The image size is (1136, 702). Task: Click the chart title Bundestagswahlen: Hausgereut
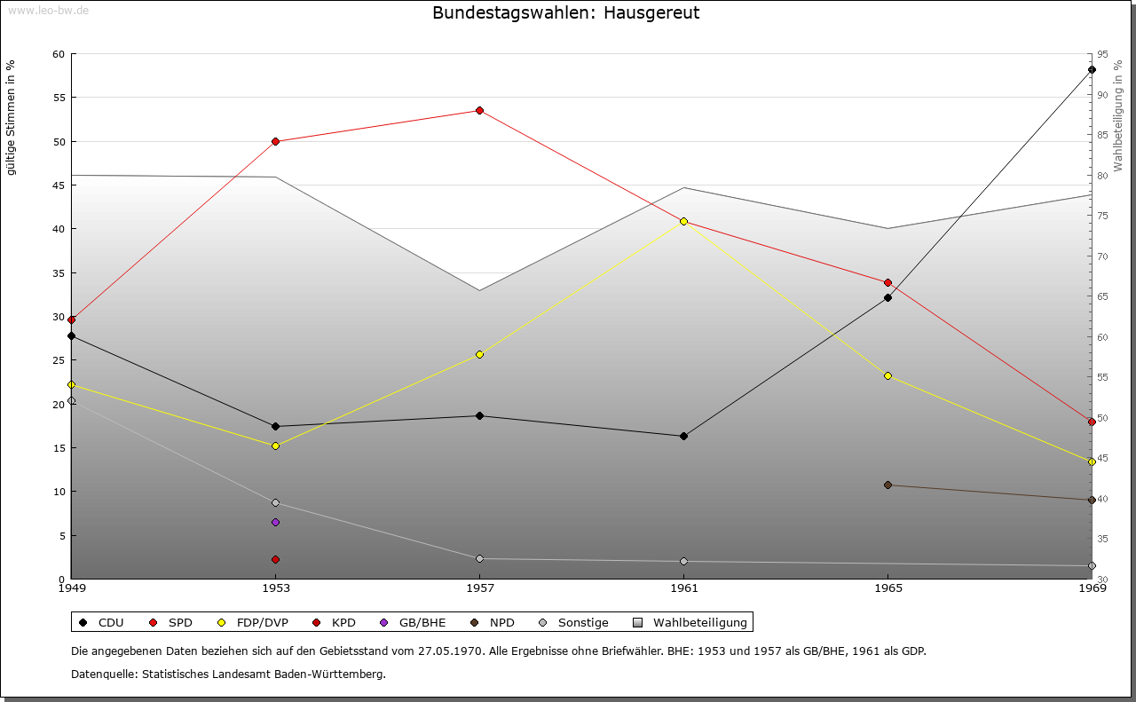565,12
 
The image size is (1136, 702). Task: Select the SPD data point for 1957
479,111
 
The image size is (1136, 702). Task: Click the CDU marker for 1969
1092,70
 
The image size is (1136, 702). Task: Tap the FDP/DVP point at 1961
683,222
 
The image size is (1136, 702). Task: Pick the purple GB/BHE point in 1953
275,523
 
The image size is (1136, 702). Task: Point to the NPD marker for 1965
888,485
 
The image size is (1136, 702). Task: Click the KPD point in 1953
275,560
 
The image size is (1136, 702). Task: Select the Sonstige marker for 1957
479,559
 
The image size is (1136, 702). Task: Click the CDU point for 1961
683,437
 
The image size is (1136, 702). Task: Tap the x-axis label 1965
888,588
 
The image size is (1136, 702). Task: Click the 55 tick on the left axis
59,98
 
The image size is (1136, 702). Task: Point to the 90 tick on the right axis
1102,95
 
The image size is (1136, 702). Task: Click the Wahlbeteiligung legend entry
690,622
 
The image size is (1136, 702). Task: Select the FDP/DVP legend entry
253,622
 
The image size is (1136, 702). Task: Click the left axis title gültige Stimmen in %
11,118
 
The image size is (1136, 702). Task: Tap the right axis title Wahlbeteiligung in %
1118,115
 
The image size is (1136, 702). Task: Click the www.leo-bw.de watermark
48,11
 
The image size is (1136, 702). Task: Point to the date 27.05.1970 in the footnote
450,651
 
